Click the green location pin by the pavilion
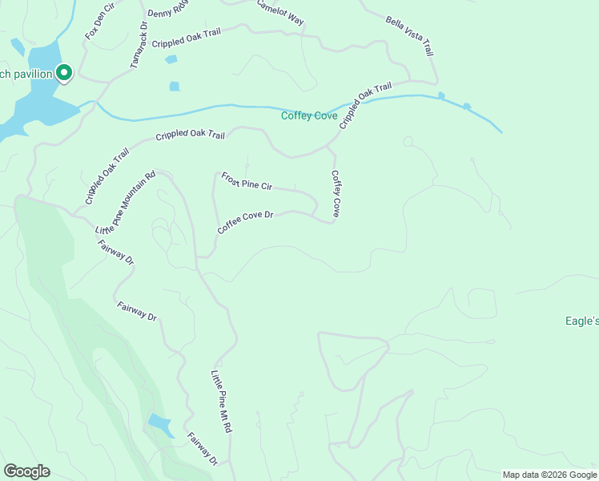64,73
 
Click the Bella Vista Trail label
408,36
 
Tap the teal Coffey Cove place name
309,115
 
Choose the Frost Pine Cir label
247,180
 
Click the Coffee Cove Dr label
245,222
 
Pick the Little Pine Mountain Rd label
126,202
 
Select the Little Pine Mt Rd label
221,402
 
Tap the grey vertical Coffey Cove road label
336,194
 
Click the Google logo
26,471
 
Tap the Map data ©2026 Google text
549,475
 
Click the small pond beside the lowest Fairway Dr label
159,425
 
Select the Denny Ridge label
167,10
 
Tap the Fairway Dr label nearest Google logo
203,449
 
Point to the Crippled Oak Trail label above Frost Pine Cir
190,135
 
